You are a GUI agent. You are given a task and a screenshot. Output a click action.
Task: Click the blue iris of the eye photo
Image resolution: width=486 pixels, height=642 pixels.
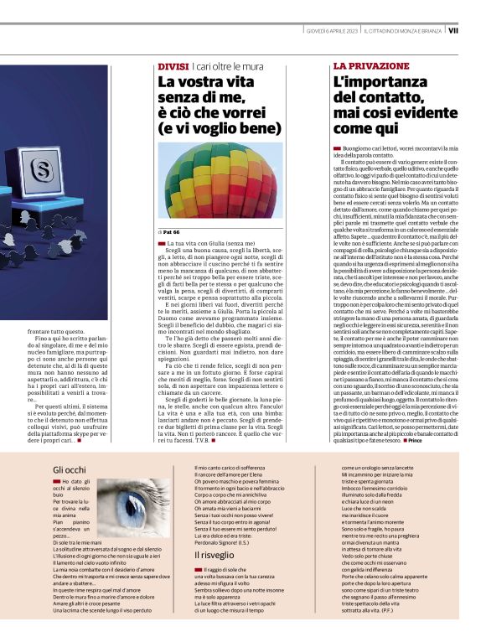(135, 506)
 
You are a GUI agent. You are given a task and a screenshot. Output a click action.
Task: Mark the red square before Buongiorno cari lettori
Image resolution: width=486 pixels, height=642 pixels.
(337, 148)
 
